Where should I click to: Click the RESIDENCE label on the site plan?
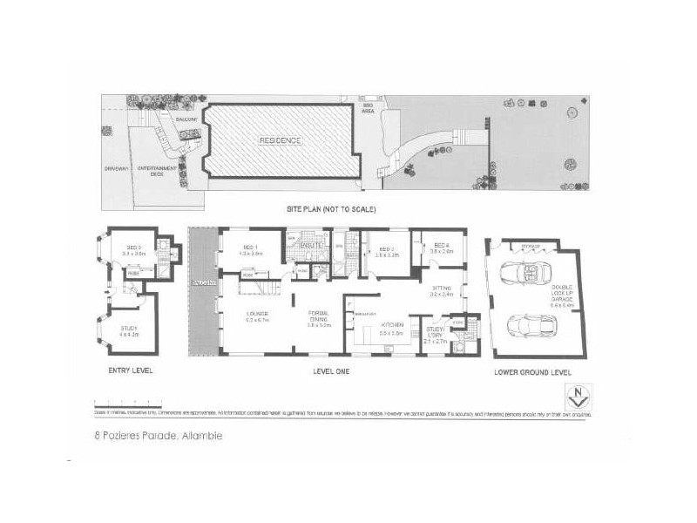[280, 140]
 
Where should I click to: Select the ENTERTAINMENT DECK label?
[158, 172]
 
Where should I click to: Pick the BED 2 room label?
[133, 250]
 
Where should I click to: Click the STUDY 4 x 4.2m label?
[130, 330]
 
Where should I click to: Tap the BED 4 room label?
[441, 248]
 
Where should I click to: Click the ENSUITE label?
[308, 247]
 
